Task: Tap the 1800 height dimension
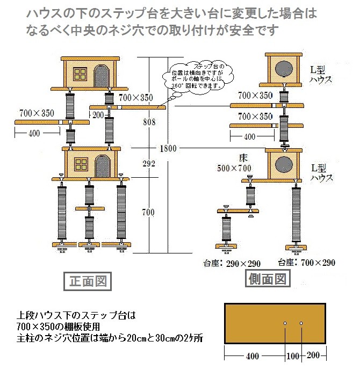point(168,148)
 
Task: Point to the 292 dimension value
point(149,163)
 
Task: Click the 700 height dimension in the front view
point(148,213)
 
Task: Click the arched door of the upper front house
point(102,74)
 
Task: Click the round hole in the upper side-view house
point(284,69)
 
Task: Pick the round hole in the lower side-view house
point(284,163)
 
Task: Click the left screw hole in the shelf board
point(285,323)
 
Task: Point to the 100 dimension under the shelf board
point(293,356)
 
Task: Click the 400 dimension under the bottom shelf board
point(253,356)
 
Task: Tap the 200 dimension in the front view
point(98,115)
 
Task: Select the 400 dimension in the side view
point(250,137)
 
